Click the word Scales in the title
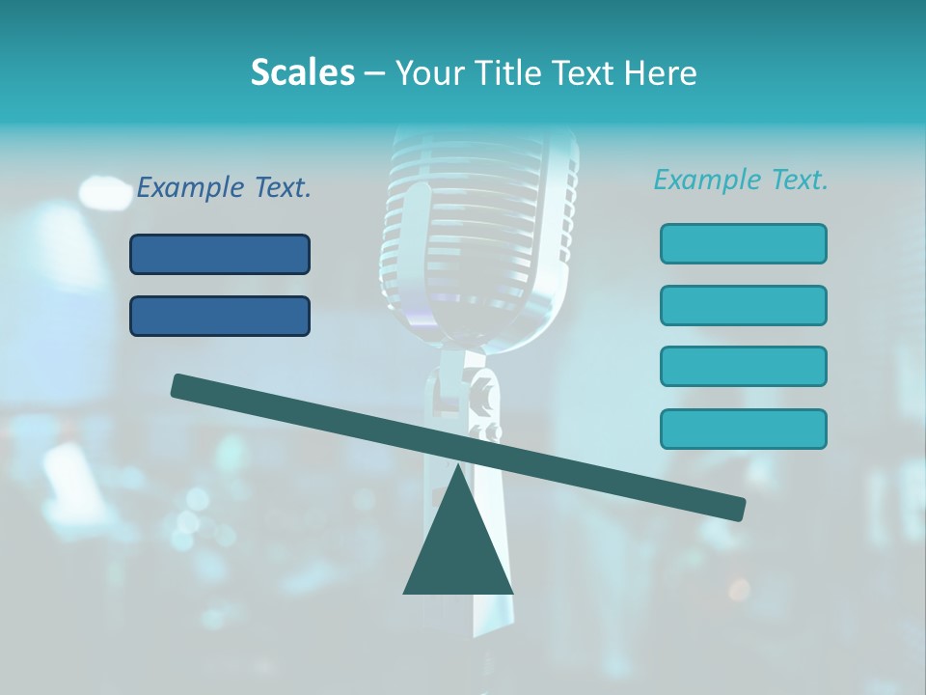pos(302,72)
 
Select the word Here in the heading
pos(661,72)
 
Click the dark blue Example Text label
pos(224,188)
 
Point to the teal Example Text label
pos(741,180)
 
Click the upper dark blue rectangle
pos(220,254)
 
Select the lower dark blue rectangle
pos(220,316)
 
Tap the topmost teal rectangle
pos(743,243)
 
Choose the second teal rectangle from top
pos(743,305)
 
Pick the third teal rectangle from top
pos(743,367)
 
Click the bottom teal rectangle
pos(743,429)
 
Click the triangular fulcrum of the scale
pos(458,541)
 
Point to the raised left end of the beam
pos(183,387)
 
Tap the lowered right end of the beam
pos(733,507)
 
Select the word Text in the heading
pos(588,72)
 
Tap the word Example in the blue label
pos(191,188)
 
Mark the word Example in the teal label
pos(708,180)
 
